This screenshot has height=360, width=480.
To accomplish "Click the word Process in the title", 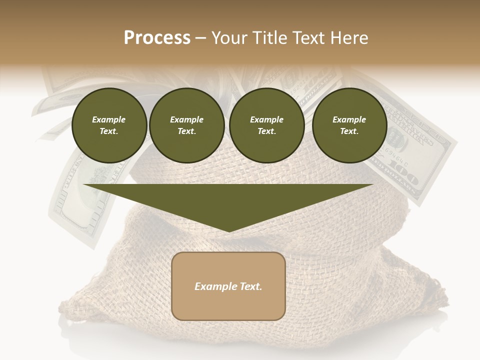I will point(157,38).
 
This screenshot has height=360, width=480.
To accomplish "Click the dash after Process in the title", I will point(201,38).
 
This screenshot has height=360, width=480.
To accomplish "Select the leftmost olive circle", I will point(109,125).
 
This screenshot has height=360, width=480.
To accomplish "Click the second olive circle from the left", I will point(186,125).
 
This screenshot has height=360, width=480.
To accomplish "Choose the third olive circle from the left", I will point(266,125).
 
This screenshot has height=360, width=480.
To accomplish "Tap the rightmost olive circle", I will point(349,125).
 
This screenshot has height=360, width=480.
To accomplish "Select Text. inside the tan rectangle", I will point(251,286).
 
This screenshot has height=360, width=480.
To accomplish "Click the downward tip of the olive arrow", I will point(228,230).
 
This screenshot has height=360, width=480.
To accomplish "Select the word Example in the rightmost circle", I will point(349,119).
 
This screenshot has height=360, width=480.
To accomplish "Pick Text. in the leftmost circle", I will point(109,131).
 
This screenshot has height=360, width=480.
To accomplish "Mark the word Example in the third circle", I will point(266,119).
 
